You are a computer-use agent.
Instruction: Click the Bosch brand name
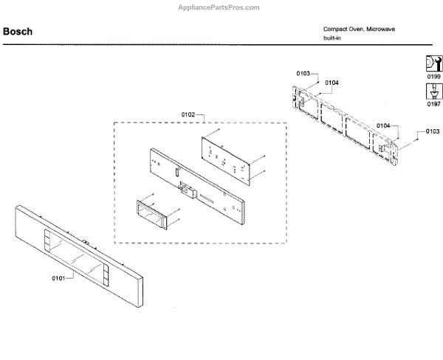coord(16,32)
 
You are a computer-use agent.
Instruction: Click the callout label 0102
coord(188,114)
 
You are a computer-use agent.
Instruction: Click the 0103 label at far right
coord(432,131)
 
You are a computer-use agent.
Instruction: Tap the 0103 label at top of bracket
coord(303,73)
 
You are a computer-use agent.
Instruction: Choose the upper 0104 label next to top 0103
coord(332,83)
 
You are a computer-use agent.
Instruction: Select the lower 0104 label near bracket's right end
coord(383,126)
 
